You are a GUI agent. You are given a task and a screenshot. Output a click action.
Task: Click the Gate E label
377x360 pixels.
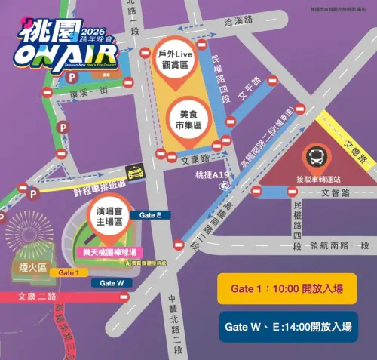151,215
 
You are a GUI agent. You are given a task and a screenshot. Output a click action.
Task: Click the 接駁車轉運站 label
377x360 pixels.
317,182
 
